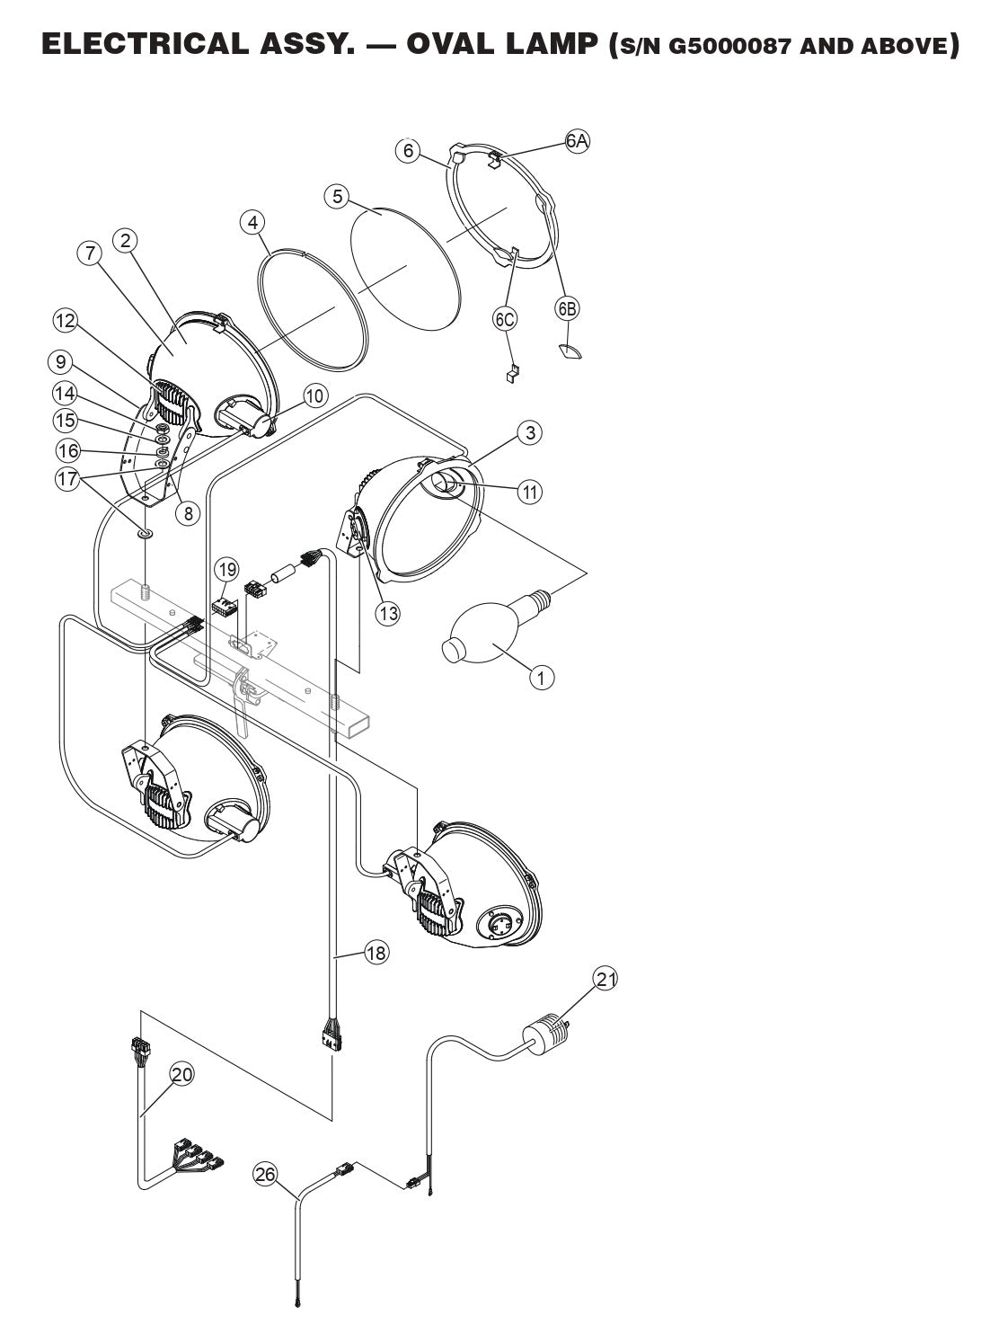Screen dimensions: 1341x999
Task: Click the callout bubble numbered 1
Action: coord(541,676)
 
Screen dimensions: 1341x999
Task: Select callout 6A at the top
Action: coord(578,141)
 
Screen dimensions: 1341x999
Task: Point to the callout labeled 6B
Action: coord(567,308)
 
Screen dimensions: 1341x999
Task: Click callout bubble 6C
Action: coord(505,317)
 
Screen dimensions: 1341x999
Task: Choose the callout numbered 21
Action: coord(606,979)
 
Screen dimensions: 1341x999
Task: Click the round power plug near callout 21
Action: coord(544,1035)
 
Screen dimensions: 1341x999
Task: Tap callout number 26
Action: coord(266,1174)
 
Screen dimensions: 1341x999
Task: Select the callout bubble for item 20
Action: coord(182,1074)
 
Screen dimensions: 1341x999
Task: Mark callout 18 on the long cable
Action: coord(376,953)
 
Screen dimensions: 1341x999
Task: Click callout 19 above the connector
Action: coord(227,569)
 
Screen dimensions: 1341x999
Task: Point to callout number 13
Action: coord(388,613)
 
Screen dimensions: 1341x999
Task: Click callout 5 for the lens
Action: coord(337,196)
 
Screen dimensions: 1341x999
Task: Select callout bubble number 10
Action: coord(314,395)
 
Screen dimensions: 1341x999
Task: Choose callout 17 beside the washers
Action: coord(67,479)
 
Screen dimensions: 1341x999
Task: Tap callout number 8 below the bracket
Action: coord(187,514)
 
